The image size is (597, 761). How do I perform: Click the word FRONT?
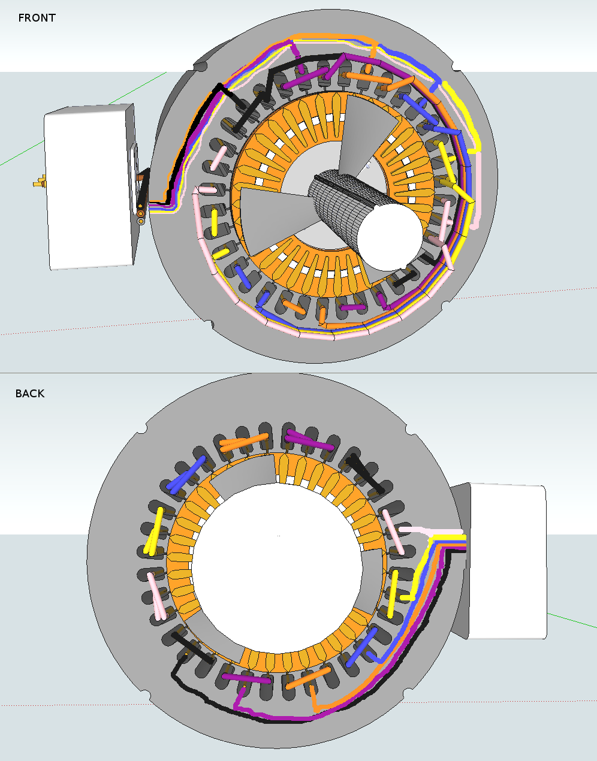[37, 18]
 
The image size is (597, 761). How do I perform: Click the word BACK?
[30, 394]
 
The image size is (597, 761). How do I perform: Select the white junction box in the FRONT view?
[89, 187]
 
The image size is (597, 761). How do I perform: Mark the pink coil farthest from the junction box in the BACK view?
[158, 595]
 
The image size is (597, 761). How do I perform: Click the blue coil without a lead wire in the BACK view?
[187, 475]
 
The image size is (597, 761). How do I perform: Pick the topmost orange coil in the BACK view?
[243, 442]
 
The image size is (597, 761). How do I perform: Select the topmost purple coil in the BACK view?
[309, 440]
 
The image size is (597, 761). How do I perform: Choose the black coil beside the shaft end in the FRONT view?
[403, 279]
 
